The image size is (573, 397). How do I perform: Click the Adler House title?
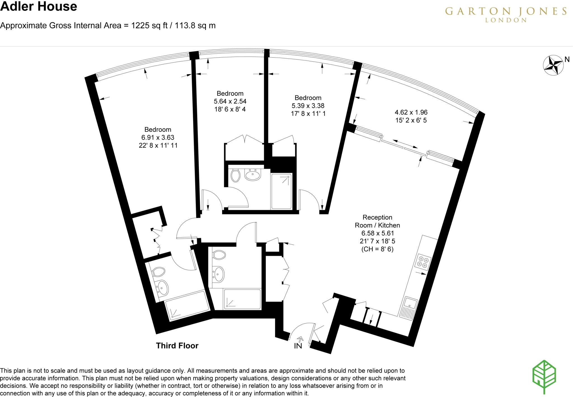click(x=39, y=7)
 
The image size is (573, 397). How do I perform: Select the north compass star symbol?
click(x=553, y=65)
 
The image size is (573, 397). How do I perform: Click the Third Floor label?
click(x=177, y=346)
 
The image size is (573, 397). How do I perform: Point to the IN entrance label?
click(x=298, y=346)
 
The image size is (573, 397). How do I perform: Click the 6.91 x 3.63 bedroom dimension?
click(x=158, y=137)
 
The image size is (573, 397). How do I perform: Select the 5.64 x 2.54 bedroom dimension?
click(x=230, y=101)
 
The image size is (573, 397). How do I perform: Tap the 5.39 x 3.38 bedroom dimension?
click(x=308, y=106)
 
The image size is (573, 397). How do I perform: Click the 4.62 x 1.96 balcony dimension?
click(x=411, y=112)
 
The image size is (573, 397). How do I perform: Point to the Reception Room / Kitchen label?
click(x=377, y=221)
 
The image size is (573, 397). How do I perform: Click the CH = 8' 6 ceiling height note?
click(x=377, y=249)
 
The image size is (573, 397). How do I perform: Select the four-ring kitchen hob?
click(x=422, y=262)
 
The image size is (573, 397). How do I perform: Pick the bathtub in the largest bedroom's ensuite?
click(x=187, y=305)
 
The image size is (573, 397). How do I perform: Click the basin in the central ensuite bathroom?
click(x=253, y=175)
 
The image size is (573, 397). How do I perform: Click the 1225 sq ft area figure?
click(x=149, y=25)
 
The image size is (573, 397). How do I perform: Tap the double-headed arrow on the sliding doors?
click(x=405, y=144)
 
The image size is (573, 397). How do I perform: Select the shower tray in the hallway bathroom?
click(x=242, y=299)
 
